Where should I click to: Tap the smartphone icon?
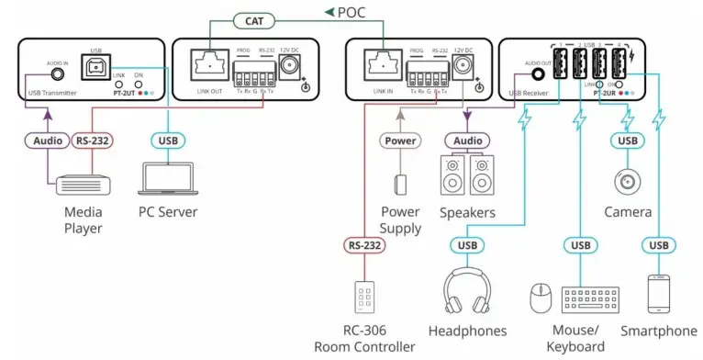click(x=658, y=294)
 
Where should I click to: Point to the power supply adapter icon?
click(x=399, y=185)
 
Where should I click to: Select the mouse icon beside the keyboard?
click(x=541, y=298)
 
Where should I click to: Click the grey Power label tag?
click(x=399, y=141)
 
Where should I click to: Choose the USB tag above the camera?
click(x=628, y=141)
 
